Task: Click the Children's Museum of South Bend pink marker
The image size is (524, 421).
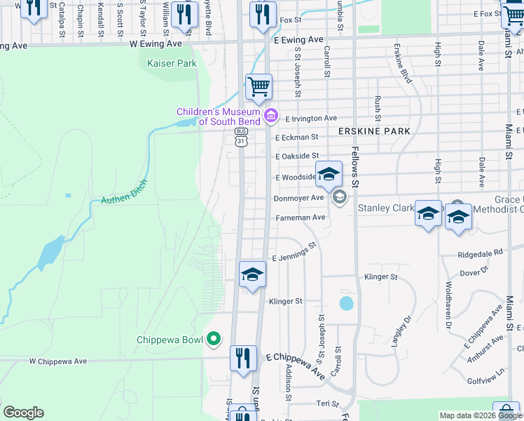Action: click(270, 115)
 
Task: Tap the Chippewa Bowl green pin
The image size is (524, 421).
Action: click(215, 340)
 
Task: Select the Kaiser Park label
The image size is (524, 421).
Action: click(172, 63)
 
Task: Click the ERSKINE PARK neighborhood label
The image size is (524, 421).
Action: click(373, 131)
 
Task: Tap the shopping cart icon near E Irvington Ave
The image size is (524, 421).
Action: click(258, 86)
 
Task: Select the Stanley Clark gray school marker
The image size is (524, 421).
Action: click(340, 196)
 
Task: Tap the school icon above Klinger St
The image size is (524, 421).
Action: click(252, 274)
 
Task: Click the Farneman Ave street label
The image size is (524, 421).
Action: click(301, 218)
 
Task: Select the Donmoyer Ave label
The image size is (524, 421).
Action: click(298, 198)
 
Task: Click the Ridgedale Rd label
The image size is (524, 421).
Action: click(480, 252)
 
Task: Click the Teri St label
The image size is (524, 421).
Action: click(327, 403)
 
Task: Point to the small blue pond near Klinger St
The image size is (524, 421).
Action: click(346, 304)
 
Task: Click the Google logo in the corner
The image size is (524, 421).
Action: click(23, 413)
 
